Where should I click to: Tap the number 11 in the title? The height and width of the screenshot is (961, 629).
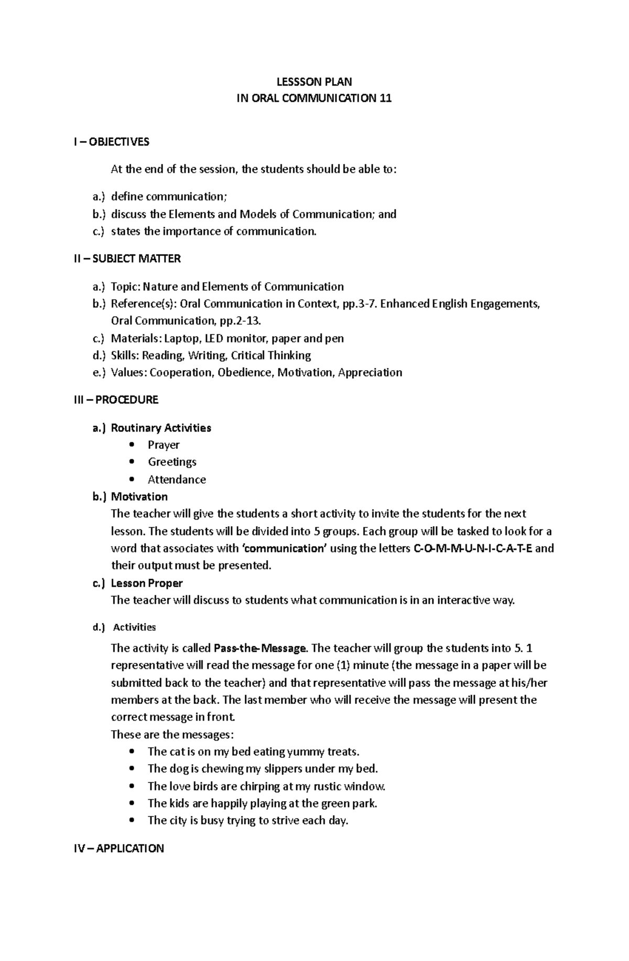(x=385, y=98)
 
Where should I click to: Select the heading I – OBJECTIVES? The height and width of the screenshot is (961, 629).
(x=111, y=142)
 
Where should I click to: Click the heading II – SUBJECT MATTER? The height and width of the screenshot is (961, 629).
(x=127, y=259)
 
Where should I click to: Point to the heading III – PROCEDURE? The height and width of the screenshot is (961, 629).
(x=116, y=400)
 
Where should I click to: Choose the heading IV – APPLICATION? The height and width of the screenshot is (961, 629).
(x=118, y=848)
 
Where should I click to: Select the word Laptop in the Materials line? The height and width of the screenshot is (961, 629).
(x=182, y=338)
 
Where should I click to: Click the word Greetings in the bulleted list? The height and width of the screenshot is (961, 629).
(x=172, y=462)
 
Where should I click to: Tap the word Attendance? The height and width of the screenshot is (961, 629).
(x=177, y=480)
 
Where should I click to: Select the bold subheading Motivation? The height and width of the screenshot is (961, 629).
(x=139, y=497)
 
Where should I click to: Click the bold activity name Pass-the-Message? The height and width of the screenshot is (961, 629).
(x=260, y=648)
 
